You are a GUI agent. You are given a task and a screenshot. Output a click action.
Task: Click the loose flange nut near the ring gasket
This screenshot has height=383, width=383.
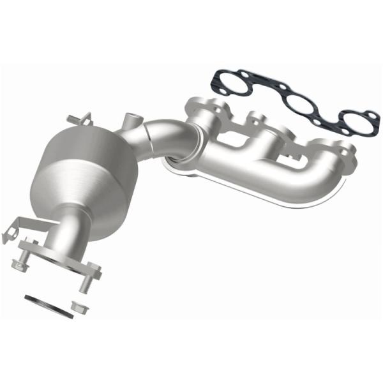80,307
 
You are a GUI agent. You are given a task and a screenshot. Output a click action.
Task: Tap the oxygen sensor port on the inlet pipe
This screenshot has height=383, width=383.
132,119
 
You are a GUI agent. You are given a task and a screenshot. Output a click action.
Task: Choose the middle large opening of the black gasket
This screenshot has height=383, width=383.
296,105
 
